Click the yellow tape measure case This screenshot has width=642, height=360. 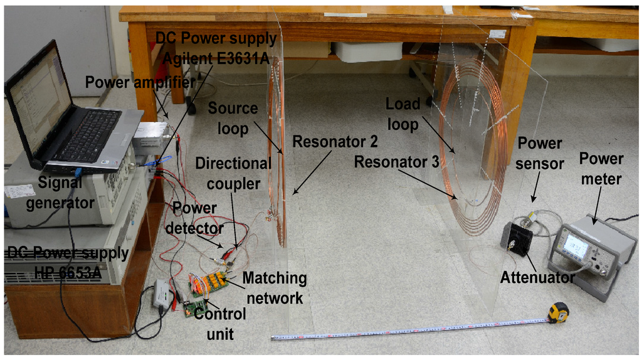click(x=558, y=312)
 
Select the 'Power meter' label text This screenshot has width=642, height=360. click(x=601, y=169)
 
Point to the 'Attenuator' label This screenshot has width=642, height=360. click(x=537, y=277)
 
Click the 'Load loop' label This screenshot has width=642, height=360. click(x=402, y=114)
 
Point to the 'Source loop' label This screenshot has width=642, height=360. click(x=233, y=118)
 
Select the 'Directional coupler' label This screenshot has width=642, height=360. click(x=233, y=174)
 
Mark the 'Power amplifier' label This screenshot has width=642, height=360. click(x=139, y=82)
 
